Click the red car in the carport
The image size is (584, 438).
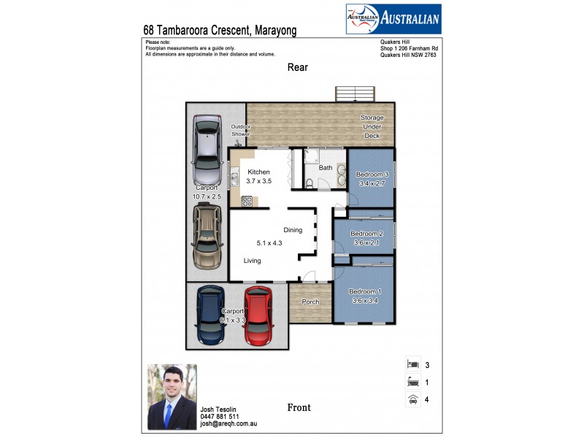click(258, 315)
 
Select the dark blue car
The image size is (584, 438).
click(212, 315)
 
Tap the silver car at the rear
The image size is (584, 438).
click(207, 153)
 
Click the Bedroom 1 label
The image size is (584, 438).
click(365, 292)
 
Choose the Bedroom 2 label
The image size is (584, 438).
click(366, 234)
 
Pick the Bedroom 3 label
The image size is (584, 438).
click(372, 174)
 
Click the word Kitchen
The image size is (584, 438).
click(258, 172)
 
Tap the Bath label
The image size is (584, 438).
click(325, 168)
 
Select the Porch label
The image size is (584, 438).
click(311, 301)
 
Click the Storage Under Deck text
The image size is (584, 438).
click(372, 126)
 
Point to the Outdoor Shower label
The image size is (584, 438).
click(241, 130)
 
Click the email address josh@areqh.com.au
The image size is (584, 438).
click(228, 423)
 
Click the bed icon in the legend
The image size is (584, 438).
click(413, 364)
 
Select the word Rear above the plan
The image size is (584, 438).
click(297, 67)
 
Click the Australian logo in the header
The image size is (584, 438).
click(392, 19)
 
